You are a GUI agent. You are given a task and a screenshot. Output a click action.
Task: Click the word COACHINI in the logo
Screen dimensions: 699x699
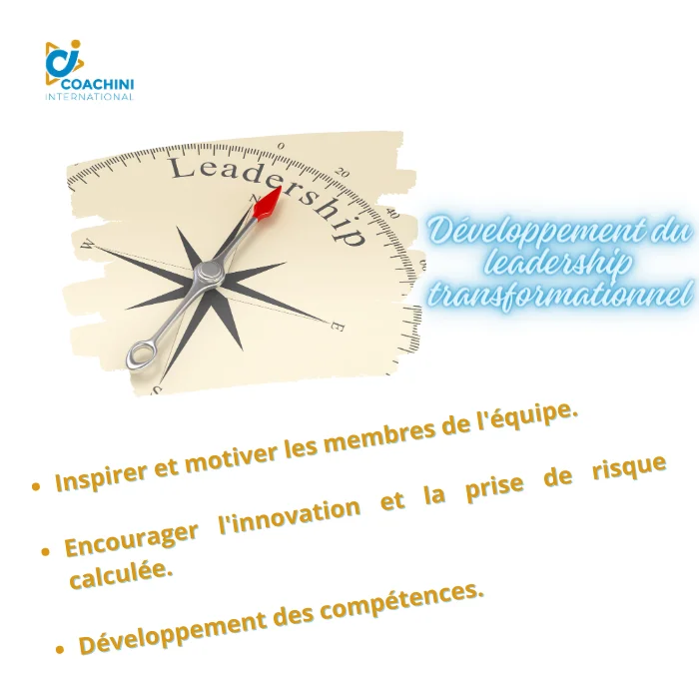(x=98, y=84)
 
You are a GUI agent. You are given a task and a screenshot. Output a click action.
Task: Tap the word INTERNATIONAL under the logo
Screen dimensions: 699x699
(x=89, y=96)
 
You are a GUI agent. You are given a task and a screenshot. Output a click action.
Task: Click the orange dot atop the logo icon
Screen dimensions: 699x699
(x=75, y=44)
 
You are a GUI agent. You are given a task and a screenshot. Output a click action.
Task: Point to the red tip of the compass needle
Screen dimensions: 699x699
(x=268, y=204)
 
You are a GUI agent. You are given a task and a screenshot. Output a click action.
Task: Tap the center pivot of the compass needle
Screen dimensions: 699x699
(x=209, y=271)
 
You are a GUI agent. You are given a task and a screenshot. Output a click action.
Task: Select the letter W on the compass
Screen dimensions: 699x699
(x=88, y=245)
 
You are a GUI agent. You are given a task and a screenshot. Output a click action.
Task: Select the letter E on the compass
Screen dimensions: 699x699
(x=338, y=328)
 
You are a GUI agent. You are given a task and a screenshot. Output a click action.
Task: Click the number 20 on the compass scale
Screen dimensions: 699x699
(x=343, y=173)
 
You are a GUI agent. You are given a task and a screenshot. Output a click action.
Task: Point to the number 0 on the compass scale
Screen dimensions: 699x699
(x=281, y=146)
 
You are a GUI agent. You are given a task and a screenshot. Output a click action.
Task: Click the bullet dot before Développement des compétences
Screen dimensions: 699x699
(x=60, y=650)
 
